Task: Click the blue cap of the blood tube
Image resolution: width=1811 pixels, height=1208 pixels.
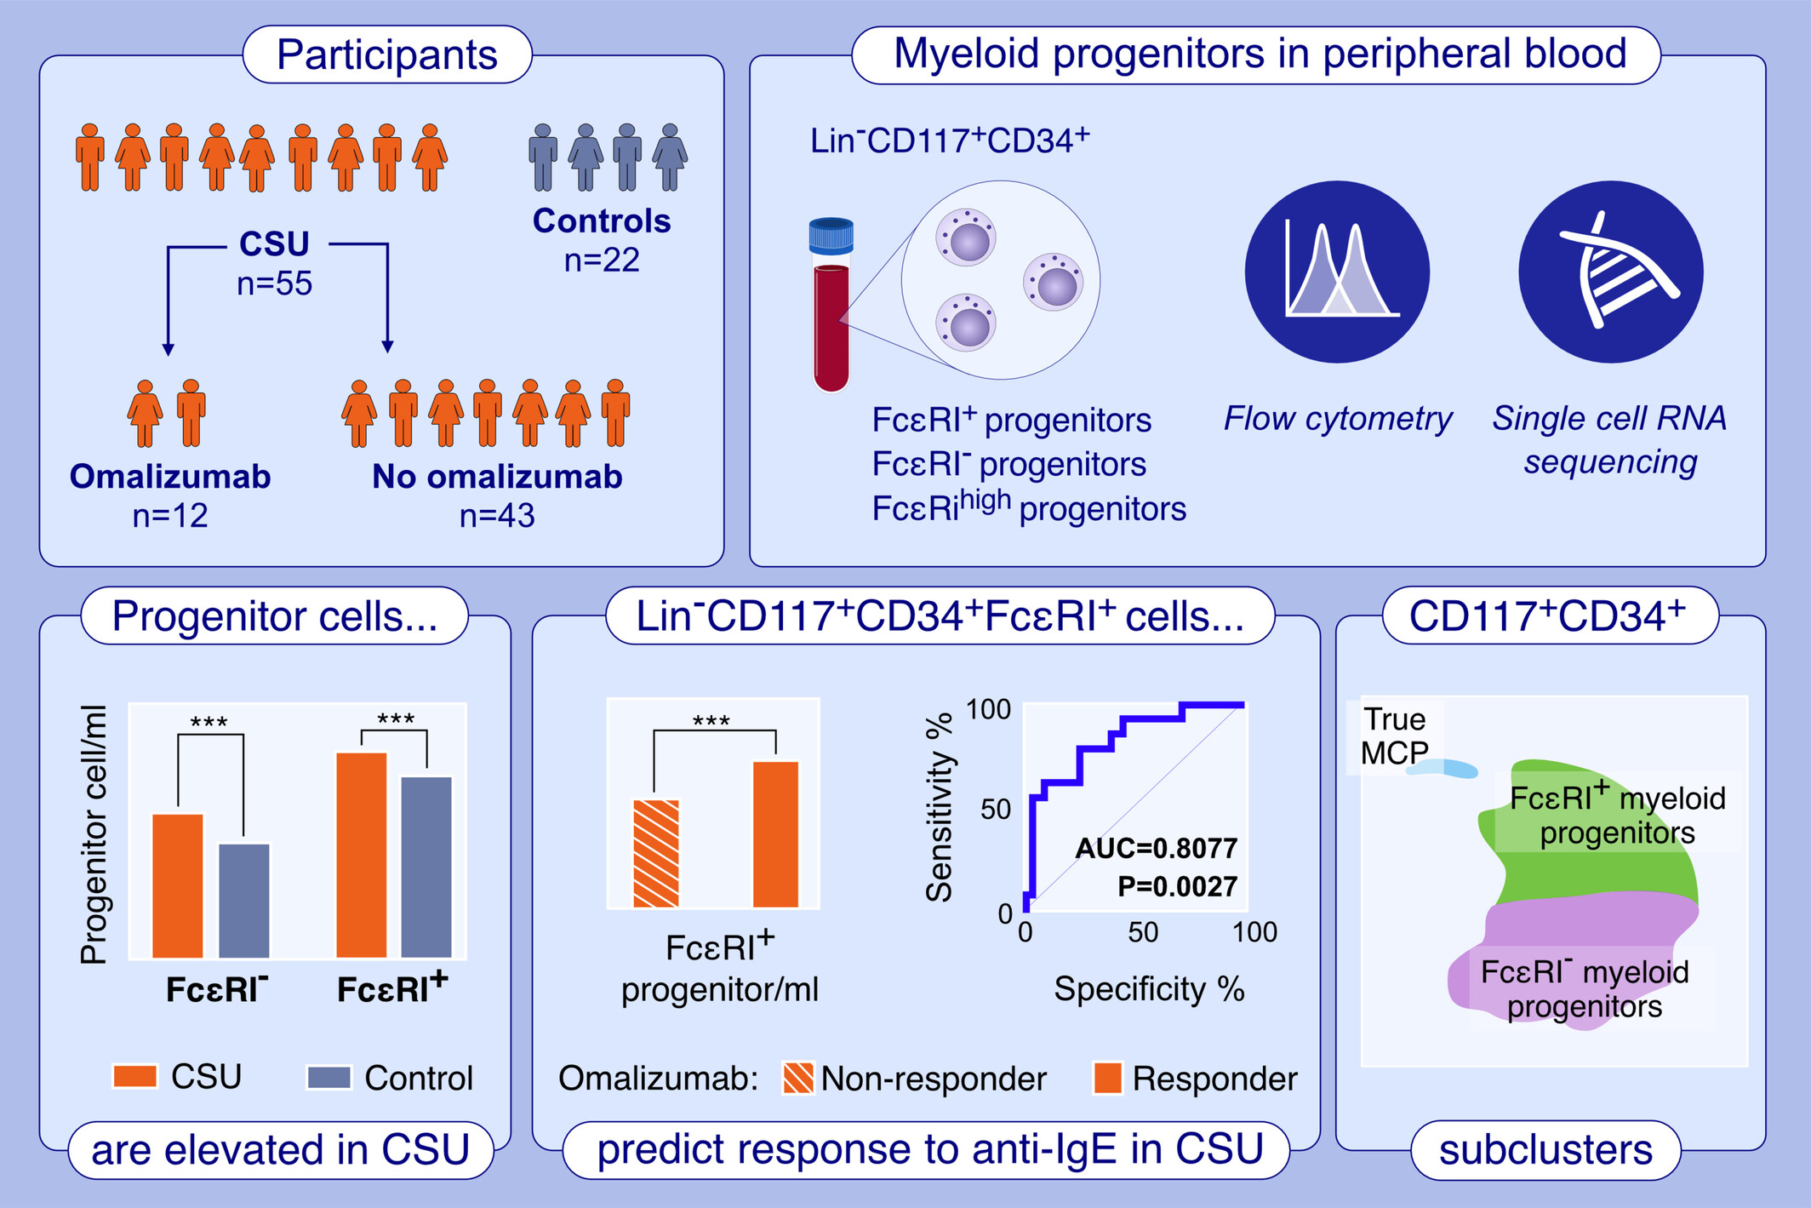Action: (831, 236)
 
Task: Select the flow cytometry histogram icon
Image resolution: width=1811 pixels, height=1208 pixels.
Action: (1337, 272)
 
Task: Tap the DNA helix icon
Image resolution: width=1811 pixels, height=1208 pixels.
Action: (1610, 272)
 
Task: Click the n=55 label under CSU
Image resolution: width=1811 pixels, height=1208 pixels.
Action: (274, 283)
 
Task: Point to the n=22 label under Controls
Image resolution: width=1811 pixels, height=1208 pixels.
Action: (602, 260)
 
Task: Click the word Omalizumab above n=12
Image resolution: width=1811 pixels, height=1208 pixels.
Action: (170, 477)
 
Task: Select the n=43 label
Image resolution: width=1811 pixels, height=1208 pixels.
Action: (497, 516)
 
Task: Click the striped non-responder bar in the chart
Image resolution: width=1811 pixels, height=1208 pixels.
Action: (656, 853)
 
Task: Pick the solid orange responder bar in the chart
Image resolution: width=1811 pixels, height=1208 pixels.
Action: (776, 833)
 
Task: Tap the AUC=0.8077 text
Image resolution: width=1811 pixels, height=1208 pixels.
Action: (1156, 848)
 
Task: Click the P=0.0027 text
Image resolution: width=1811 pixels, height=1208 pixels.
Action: (1177, 886)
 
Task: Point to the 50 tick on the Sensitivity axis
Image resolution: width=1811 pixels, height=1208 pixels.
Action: (995, 809)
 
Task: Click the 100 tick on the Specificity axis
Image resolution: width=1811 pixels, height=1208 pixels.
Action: (1254, 932)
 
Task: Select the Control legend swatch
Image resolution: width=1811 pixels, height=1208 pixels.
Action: (328, 1077)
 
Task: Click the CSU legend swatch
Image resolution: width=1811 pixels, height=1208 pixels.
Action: (134, 1076)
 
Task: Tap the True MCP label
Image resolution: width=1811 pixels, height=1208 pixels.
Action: (1393, 736)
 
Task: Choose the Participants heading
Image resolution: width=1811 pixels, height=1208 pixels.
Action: (387, 54)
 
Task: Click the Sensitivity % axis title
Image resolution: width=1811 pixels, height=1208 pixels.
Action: (939, 805)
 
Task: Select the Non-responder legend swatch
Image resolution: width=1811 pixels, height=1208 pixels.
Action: (798, 1078)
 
